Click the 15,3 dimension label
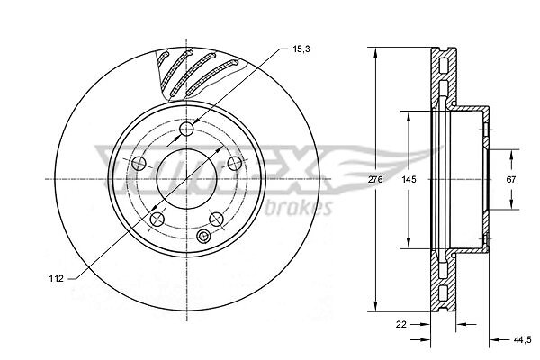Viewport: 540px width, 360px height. pyautogui.click(x=301, y=49)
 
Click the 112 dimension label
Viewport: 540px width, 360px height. pyautogui.click(x=56, y=278)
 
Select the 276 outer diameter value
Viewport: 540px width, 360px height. pyautogui.click(x=375, y=179)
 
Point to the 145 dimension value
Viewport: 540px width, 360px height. pyautogui.click(x=409, y=179)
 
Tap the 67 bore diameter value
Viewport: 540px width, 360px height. pyautogui.click(x=511, y=179)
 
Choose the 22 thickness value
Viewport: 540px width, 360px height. pyautogui.click(x=401, y=324)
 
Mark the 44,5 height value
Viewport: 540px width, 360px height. pyautogui.click(x=522, y=340)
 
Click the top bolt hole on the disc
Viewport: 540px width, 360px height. pyautogui.click(x=186, y=130)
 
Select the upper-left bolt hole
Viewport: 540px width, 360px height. pyautogui.click(x=139, y=163)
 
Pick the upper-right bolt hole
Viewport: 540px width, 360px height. pyautogui.click(x=235, y=163)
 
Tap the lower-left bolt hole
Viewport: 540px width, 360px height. pyautogui.click(x=157, y=219)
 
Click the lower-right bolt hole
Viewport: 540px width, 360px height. pyautogui.click(x=217, y=219)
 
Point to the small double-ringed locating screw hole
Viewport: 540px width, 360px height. pyautogui.click(x=203, y=236)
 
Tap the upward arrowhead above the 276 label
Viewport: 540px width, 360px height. pyautogui.click(x=375, y=53)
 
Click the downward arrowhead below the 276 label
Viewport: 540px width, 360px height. pyautogui.click(x=375, y=305)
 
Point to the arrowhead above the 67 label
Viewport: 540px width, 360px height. pyautogui.click(x=511, y=156)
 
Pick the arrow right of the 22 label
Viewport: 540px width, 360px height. pyautogui.click(x=421, y=324)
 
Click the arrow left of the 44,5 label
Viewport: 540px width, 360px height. pyautogui.click(x=499, y=340)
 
